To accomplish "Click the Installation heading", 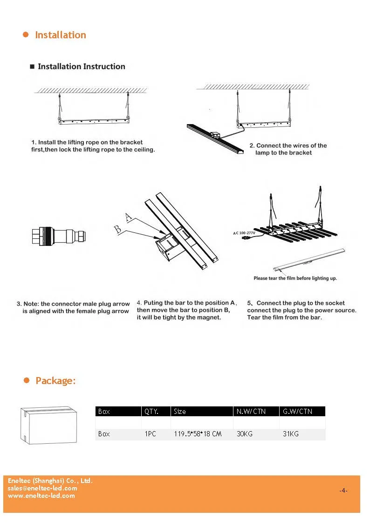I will (x=60, y=35).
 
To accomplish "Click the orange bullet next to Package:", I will (x=27, y=381).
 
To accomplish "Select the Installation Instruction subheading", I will (x=81, y=67).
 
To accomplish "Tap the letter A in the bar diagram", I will (x=129, y=217).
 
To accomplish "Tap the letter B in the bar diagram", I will (x=119, y=228).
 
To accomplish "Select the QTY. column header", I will (x=151, y=412).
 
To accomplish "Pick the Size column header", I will (x=180, y=412).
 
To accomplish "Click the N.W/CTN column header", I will (x=251, y=412).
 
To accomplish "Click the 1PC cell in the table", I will (x=150, y=434).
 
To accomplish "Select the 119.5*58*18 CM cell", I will (x=198, y=434).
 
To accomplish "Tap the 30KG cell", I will (x=245, y=434).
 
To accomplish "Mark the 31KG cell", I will (x=291, y=434).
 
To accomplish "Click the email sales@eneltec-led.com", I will (x=42, y=488).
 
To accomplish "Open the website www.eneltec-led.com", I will (x=41, y=496).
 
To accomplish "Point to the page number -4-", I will (x=343, y=490).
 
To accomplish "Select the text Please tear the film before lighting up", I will (x=295, y=278).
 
